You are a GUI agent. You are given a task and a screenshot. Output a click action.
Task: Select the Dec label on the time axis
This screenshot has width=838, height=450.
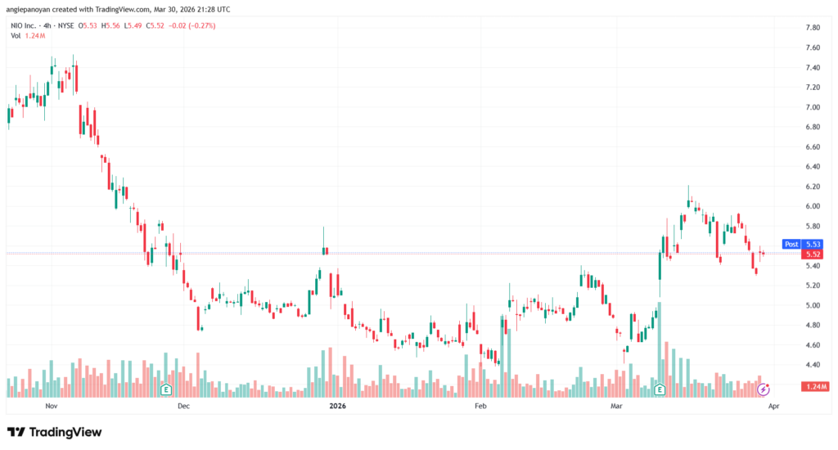pyautogui.click(x=183, y=406)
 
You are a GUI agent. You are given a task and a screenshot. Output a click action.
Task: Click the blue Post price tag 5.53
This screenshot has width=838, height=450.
pyautogui.click(x=801, y=244)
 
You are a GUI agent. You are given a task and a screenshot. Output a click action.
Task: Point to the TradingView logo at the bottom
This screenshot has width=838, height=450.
pyautogui.click(x=55, y=431)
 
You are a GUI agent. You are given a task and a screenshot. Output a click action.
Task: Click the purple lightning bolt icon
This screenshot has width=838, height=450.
pyautogui.click(x=764, y=389)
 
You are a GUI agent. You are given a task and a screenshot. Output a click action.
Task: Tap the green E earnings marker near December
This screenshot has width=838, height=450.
pyautogui.click(x=166, y=389)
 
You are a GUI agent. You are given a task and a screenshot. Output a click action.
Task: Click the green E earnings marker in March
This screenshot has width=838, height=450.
pyautogui.click(x=660, y=389)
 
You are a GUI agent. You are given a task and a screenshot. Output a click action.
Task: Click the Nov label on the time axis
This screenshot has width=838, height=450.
pyautogui.click(x=52, y=406)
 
